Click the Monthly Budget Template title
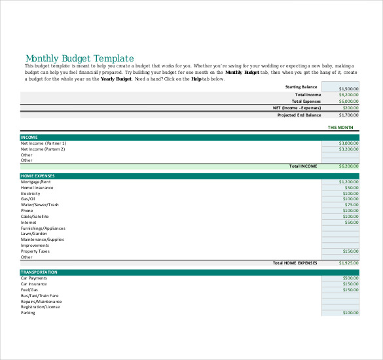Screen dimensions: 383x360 click(79, 58)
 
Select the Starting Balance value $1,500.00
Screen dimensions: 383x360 click(349, 88)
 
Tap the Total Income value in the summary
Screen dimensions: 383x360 click(349, 95)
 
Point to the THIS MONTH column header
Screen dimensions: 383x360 click(340, 127)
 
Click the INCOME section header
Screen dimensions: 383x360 click(29, 137)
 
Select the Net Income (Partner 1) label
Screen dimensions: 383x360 click(43, 143)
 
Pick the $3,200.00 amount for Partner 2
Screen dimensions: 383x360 click(349, 149)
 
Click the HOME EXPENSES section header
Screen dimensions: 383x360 click(37, 175)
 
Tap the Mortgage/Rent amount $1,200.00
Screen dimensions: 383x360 click(349, 182)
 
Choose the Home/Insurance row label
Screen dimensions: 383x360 click(37, 188)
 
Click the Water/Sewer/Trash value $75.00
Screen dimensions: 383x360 click(352, 205)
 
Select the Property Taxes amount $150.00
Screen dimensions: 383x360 click(350, 251)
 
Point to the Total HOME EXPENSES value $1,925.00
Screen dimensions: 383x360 click(349, 262)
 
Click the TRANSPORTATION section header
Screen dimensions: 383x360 click(39, 272)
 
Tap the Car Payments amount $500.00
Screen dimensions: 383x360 click(350, 278)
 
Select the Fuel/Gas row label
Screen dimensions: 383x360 click(29, 290)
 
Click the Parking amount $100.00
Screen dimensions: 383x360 click(350, 313)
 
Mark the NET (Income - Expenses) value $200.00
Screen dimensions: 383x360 click(350, 108)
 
